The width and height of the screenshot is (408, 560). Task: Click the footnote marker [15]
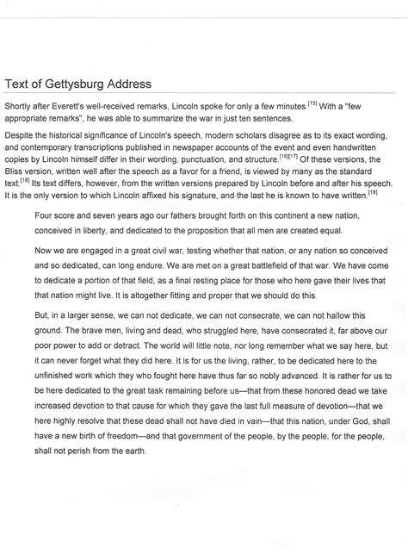pyautogui.click(x=312, y=103)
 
